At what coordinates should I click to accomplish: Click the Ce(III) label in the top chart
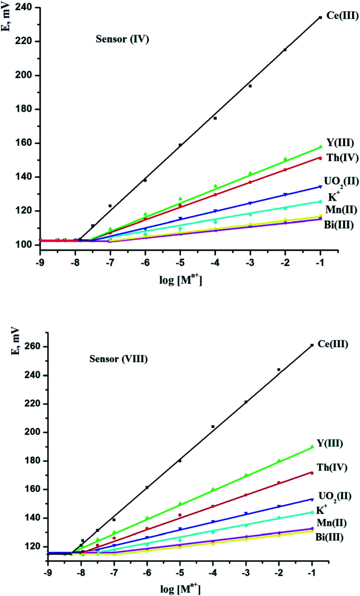[342, 16]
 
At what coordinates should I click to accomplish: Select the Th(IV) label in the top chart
[342, 158]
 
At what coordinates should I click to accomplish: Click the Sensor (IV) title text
[119, 39]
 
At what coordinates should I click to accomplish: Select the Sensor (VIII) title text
[119, 360]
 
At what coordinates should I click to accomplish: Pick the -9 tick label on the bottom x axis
[47, 573]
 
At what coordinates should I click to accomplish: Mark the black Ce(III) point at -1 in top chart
[320, 17]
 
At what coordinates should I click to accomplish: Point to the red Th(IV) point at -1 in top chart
[320, 158]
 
